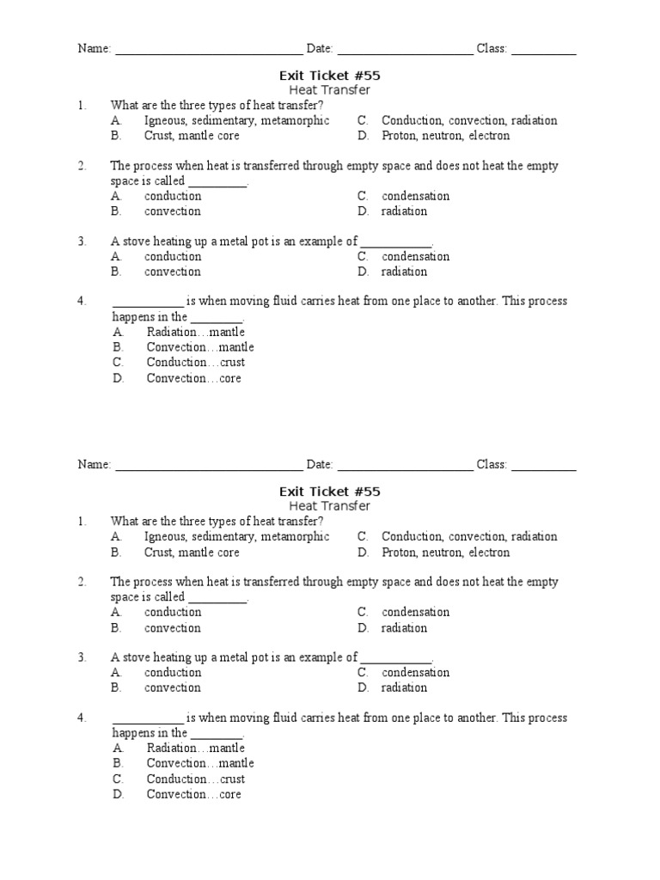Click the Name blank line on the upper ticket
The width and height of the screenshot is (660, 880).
pyautogui.click(x=209, y=50)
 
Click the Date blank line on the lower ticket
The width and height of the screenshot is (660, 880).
pyautogui.click(x=405, y=466)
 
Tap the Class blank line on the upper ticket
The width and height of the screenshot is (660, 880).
pyautogui.click(x=544, y=50)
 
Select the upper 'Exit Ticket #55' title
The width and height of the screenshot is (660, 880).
pyautogui.click(x=329, y=76)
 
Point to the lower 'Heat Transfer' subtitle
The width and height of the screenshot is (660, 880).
pyautogui.click(x=329, y=506)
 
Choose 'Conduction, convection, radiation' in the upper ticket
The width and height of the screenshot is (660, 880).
pyautogui.click(x=469, y=120)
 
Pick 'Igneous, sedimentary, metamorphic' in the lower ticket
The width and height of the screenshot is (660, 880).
pyautogui.click(x=236, y=536)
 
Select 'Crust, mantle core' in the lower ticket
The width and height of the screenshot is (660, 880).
pyautogui.click(x=192, y=553)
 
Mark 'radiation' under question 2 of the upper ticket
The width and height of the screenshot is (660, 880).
pyautogui.click(x=404, y=211)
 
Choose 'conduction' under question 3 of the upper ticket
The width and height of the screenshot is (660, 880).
pyautogui.click(x=173, y=256)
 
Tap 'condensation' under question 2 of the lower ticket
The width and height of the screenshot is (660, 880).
pyautogui.click(x=415, y=612)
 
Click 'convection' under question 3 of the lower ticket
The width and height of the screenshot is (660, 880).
pyautogui.click(x=173, y=687)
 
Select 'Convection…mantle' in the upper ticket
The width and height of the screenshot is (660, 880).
pyautogui.click(x=200, y=347)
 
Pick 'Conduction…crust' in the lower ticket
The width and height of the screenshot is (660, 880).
pyautogui.click(x=195, y=779)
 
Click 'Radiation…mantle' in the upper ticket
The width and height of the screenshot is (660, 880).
pyautogui.click(x=195, y=332)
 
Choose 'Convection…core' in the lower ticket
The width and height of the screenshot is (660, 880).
pyautogui.click(x=193, y=794)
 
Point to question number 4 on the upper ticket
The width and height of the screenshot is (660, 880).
pyautogui.click(x=82, y=302)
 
